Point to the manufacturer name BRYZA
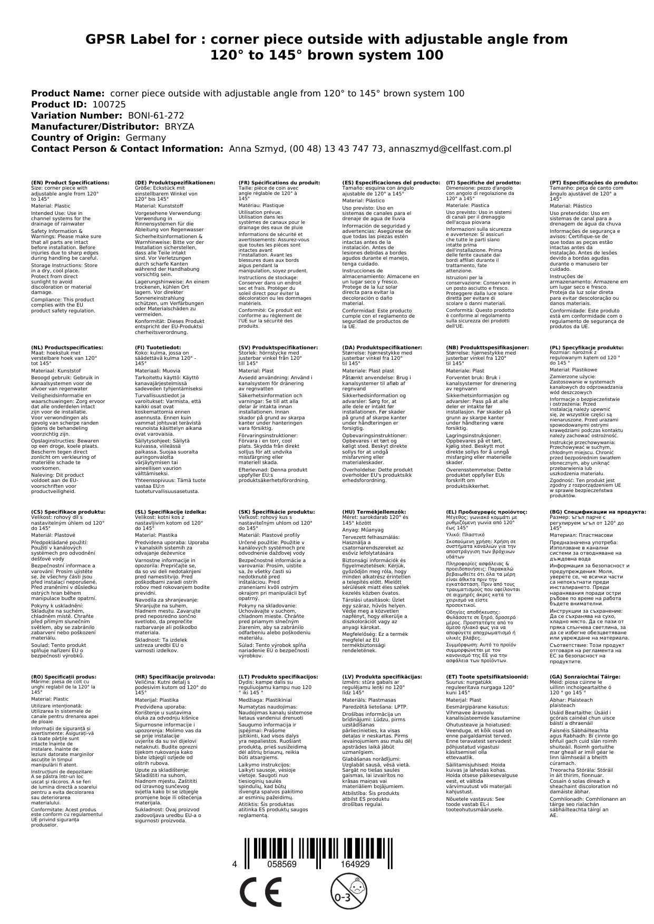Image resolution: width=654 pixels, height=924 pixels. tap(179, 126)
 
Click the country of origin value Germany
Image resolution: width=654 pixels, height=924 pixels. tap(146, 137)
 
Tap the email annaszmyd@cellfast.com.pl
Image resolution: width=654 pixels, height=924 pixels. tap(450, 149)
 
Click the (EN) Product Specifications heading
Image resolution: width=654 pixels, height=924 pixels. tap(71, 182)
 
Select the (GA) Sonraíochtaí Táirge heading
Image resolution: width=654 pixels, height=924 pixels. tap(578, 676)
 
